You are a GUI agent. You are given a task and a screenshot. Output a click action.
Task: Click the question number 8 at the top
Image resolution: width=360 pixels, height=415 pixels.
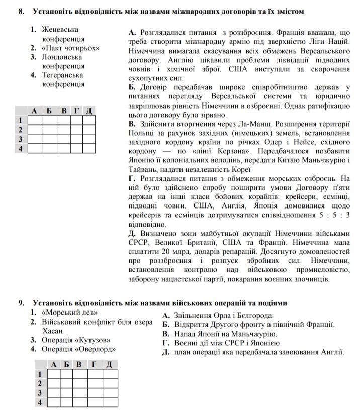pos(21,11)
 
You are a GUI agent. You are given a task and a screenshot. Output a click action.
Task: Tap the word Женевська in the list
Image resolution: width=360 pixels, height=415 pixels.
pos(60,30)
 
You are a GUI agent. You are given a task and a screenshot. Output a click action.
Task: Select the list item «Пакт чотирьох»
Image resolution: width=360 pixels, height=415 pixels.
pos(70,48)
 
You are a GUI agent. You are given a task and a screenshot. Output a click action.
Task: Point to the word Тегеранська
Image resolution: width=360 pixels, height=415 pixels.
pos(62,75)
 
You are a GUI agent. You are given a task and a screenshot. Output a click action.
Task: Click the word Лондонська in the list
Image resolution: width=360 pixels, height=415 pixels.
pos(62,57)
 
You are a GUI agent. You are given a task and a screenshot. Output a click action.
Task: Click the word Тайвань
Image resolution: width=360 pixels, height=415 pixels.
pos(144,169)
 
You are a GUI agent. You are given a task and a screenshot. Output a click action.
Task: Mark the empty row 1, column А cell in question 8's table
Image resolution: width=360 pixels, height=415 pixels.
pos(35,120)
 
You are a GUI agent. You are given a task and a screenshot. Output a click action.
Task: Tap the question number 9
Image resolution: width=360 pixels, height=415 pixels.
pos(21,303)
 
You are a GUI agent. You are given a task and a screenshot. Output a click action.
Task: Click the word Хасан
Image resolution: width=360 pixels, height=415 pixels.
pos(53,330)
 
